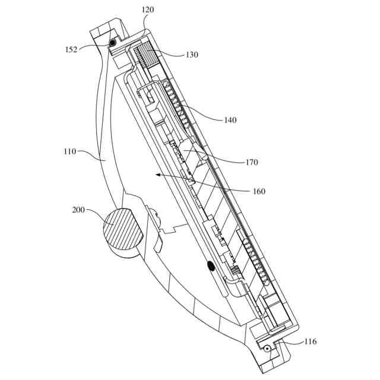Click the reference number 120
point(148,10)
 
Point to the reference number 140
point(230,120)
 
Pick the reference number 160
point(259,191)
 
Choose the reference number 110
point(69,151)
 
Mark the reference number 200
point(79,210)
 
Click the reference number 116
point(310,341)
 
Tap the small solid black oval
point(210,267)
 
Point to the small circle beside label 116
point(267,348)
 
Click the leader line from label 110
point(95,156)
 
